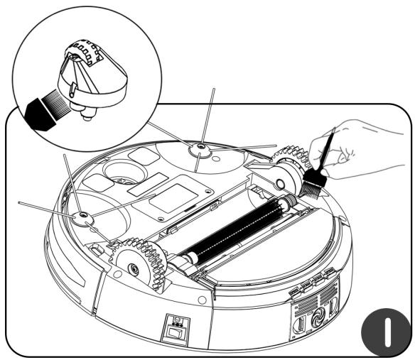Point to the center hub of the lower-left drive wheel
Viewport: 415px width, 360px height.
[133, 268]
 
